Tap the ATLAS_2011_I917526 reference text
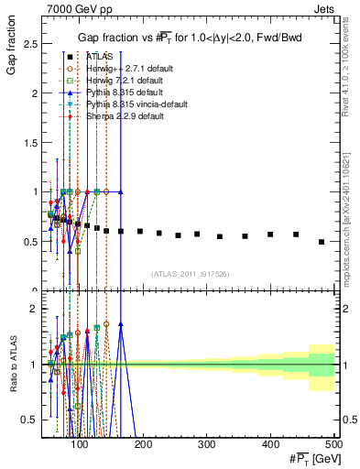click(x=191, y=274)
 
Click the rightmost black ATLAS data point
click(x=322, y=242)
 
